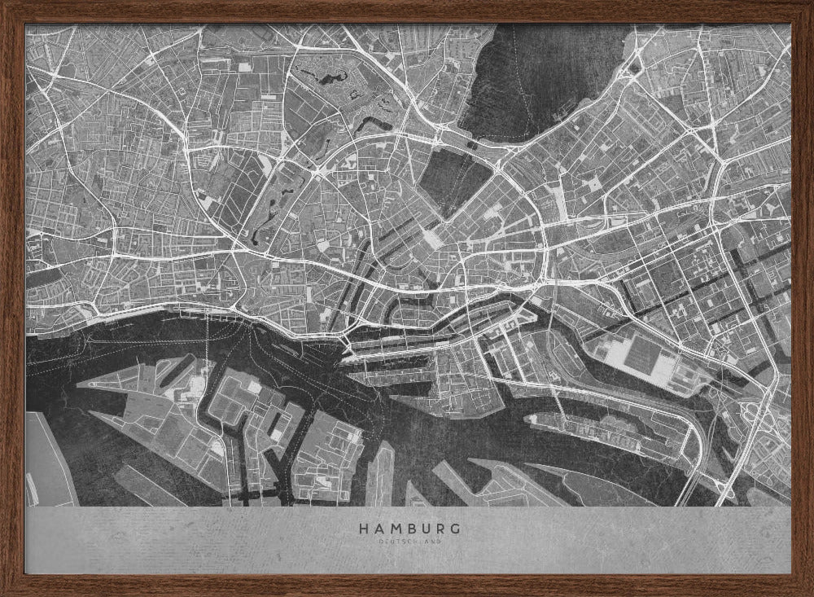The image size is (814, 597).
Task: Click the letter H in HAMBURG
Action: point(363,529)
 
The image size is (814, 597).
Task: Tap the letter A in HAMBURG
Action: point(378,529)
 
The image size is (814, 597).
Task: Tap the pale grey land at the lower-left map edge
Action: point(45,460)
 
